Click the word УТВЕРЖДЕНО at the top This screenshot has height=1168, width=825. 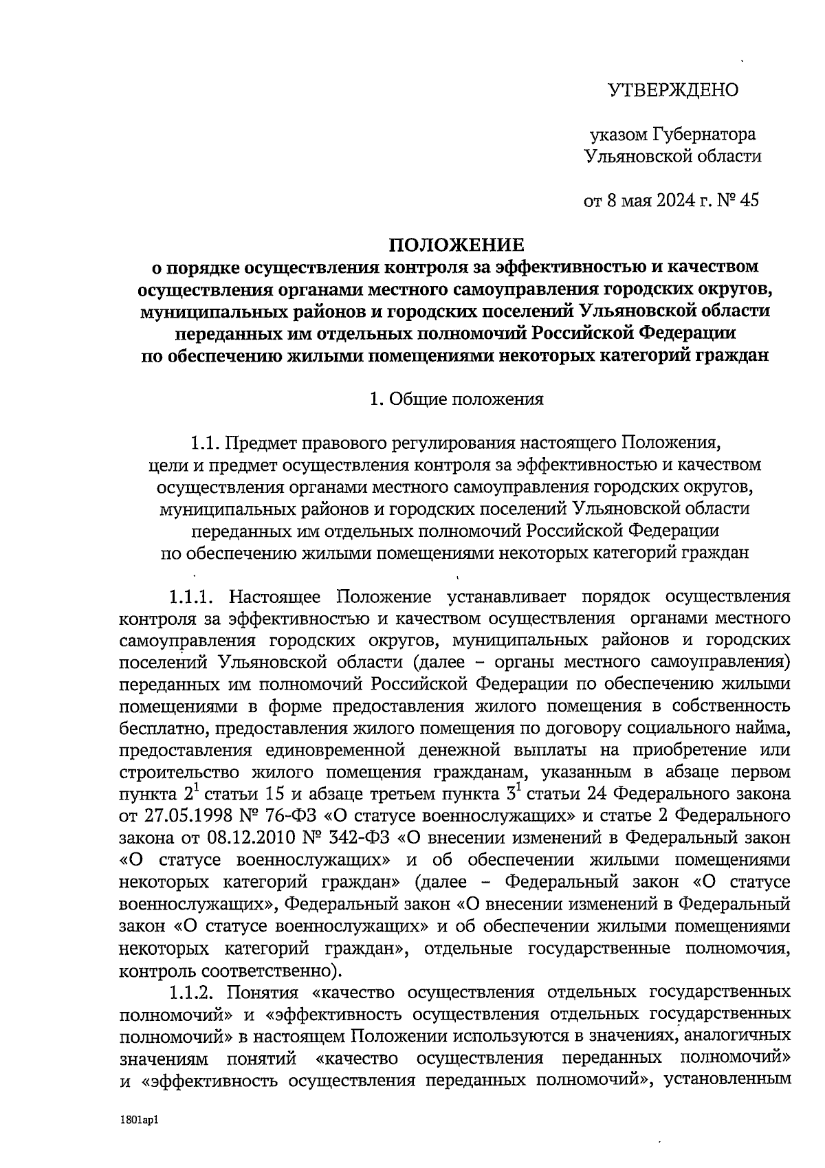point(673,90)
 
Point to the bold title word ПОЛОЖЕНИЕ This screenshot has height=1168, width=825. point(457,245)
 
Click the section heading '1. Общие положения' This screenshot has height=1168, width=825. point(456,399)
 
